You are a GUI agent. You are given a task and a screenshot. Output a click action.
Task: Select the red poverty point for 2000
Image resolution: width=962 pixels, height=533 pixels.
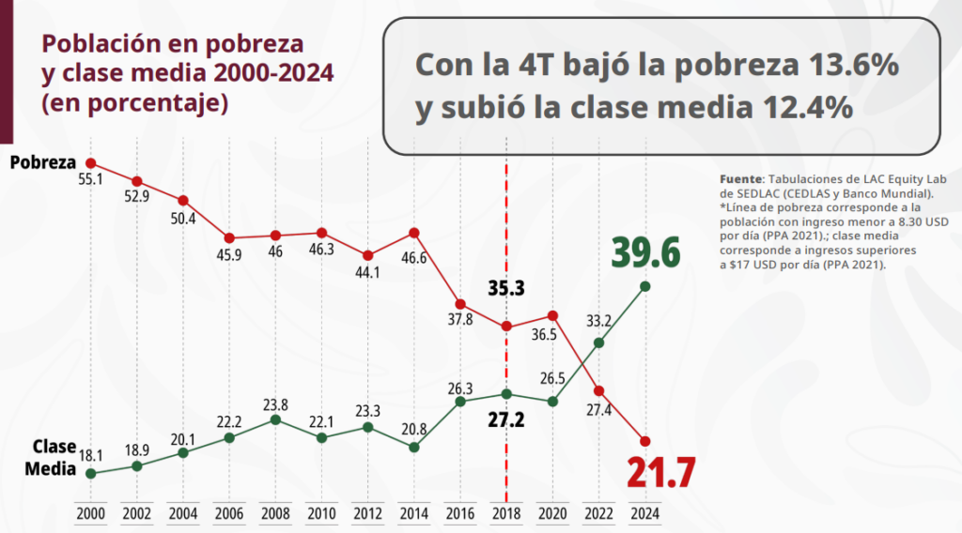coord(91,163)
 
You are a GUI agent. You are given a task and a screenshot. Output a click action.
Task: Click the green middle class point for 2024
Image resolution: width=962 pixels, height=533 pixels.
coord(644,286)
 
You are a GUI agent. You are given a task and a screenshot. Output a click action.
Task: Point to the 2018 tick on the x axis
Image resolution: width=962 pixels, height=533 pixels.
coord(506,514)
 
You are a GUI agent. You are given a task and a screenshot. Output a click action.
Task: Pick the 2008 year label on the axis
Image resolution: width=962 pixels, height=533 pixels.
coord(275,514)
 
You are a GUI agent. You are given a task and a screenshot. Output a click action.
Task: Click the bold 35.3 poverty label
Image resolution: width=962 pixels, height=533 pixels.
coord(507,288)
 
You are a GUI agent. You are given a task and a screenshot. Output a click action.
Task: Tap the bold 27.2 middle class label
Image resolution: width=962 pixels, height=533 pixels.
coord(507,419)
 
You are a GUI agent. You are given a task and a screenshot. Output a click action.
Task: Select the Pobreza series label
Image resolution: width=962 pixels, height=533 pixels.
coord(42,162)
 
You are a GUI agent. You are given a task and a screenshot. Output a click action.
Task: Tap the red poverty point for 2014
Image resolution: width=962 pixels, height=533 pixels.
coord(414,233)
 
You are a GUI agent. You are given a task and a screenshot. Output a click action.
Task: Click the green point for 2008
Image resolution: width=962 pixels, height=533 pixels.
coord(275,419)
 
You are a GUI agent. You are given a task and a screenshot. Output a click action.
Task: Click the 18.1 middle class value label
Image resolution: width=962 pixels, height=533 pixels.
coord(91,455)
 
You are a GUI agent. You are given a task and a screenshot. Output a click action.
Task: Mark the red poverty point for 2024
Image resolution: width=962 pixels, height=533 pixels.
coord(644,441)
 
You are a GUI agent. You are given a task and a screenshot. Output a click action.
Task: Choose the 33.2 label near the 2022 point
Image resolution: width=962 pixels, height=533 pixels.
coord(599,322)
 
